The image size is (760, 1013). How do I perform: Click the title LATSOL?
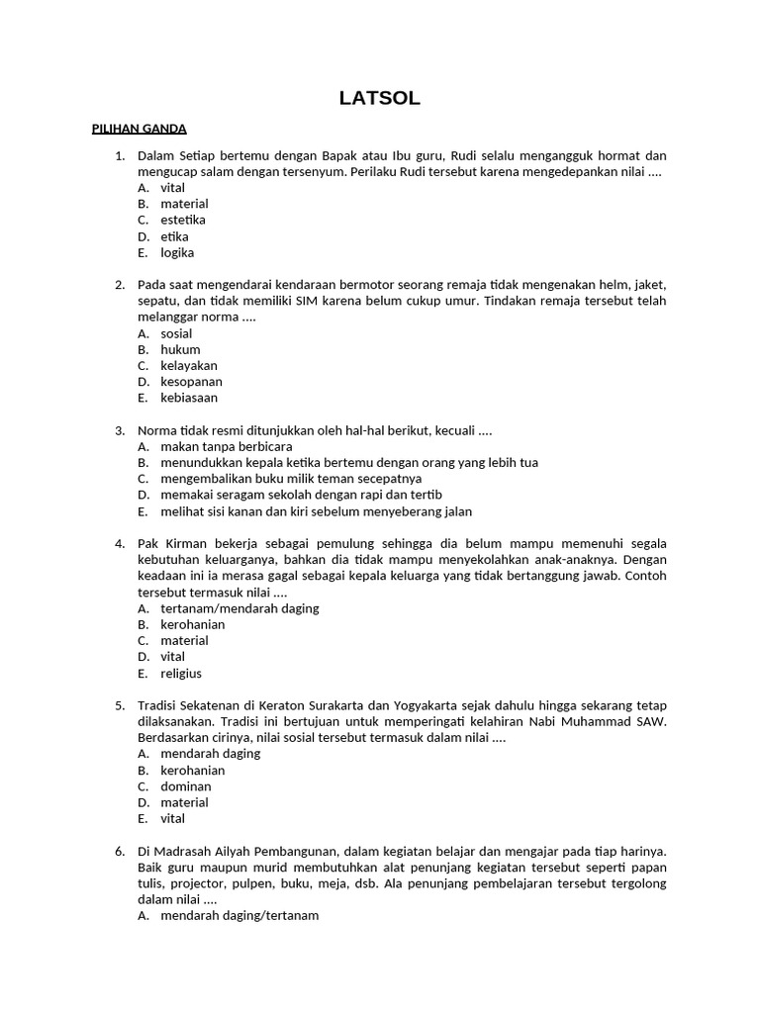[380, 97]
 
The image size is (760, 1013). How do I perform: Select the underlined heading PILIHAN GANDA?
[139, 129]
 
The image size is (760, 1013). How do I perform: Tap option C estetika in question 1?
[183, 220]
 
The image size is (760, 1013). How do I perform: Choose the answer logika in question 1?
[177, 252]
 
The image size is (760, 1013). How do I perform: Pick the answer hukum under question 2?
[180, 349]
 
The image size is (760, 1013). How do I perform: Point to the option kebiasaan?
[189, 398]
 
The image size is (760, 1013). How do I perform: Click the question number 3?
[120, 430]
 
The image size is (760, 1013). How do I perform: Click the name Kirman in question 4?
[183, 544]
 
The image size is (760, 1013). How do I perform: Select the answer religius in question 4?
[181, 674]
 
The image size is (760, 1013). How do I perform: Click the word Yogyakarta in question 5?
[425, 705]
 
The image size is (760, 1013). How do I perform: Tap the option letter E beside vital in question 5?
[142, 819]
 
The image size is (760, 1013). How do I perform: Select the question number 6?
[120, 851]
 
